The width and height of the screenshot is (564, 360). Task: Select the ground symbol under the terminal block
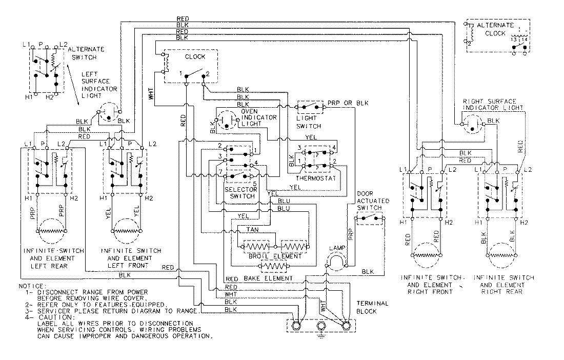(x=321, y=336)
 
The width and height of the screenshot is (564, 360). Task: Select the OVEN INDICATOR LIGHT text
(x=259, y=117)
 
